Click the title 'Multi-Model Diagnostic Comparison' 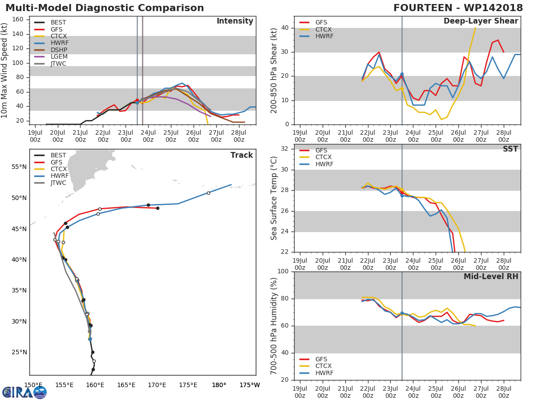[105, 8]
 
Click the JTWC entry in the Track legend [58, 183]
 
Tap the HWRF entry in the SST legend [324, 164]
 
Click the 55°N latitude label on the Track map [19, 167]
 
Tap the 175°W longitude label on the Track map [249, 385]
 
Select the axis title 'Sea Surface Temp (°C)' [274, 198]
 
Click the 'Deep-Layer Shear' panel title [481, 21]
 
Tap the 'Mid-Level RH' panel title [491, 276]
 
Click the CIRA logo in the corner [24, 392]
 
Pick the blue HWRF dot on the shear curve [402, 74]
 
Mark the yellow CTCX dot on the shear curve [402, 88]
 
